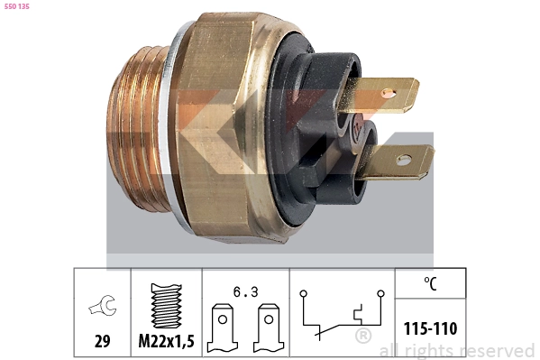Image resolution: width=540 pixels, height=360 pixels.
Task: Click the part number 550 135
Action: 16,9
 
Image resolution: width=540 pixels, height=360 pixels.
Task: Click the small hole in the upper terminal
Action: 389,92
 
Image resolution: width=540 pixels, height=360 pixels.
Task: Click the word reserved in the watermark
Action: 497,350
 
